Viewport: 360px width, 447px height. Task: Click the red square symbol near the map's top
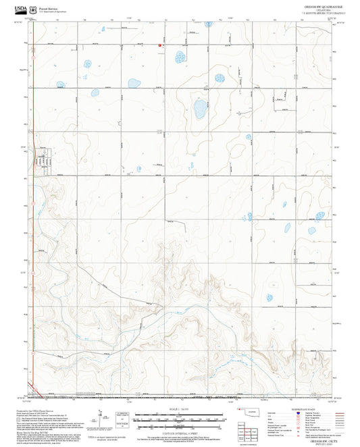coord(160,46)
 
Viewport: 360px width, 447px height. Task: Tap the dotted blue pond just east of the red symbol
coord(180,57)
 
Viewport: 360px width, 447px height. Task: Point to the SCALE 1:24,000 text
coord(180,408)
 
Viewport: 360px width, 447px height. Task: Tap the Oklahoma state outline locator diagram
coord(253,413)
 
